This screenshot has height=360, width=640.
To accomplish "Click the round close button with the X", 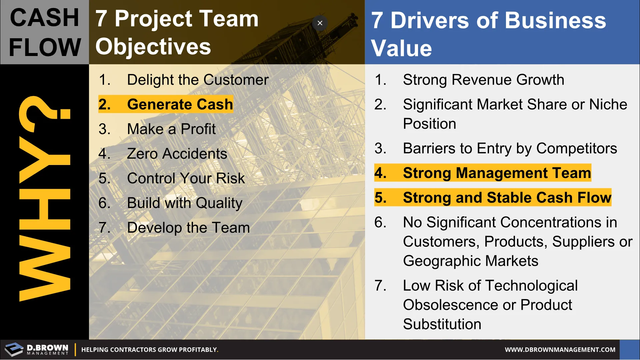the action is click(320, 23).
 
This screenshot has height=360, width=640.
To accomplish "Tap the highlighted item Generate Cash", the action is click(166, 104).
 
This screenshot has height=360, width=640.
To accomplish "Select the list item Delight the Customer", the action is click(184, 80).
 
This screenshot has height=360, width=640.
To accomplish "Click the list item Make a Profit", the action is click(157, 129).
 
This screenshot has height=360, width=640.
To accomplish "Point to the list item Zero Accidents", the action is click(163, 154).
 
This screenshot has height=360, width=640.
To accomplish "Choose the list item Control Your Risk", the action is click(172, 178).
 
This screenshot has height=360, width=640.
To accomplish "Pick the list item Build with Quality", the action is click(171, 203).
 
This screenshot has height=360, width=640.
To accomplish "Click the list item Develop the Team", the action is click(174, 228).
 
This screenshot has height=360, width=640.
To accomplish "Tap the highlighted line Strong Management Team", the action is click(483, 173).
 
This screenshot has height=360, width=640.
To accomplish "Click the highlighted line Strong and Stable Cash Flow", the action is click(493, 197).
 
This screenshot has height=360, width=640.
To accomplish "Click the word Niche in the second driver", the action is click(608, 104).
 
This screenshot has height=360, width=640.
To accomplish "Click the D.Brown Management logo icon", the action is click(14, 350).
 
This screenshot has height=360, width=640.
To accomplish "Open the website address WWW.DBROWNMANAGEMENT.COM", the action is click(560, 350).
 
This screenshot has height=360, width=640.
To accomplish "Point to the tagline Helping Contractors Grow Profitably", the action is click(150, 350).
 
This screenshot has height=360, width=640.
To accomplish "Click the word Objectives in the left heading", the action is click(153, 47).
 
